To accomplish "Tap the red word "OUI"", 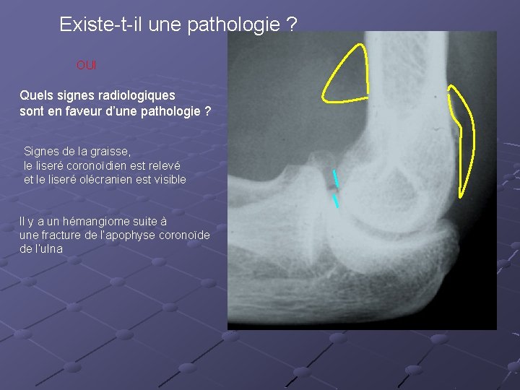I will coord(86,66).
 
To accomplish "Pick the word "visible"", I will coord(168,179).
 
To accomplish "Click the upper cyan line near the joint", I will coord(334,178).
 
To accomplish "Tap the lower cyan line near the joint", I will coord(336,201).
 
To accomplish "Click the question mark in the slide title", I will coord(291,25).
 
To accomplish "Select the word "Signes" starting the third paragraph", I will coord(42,152).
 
